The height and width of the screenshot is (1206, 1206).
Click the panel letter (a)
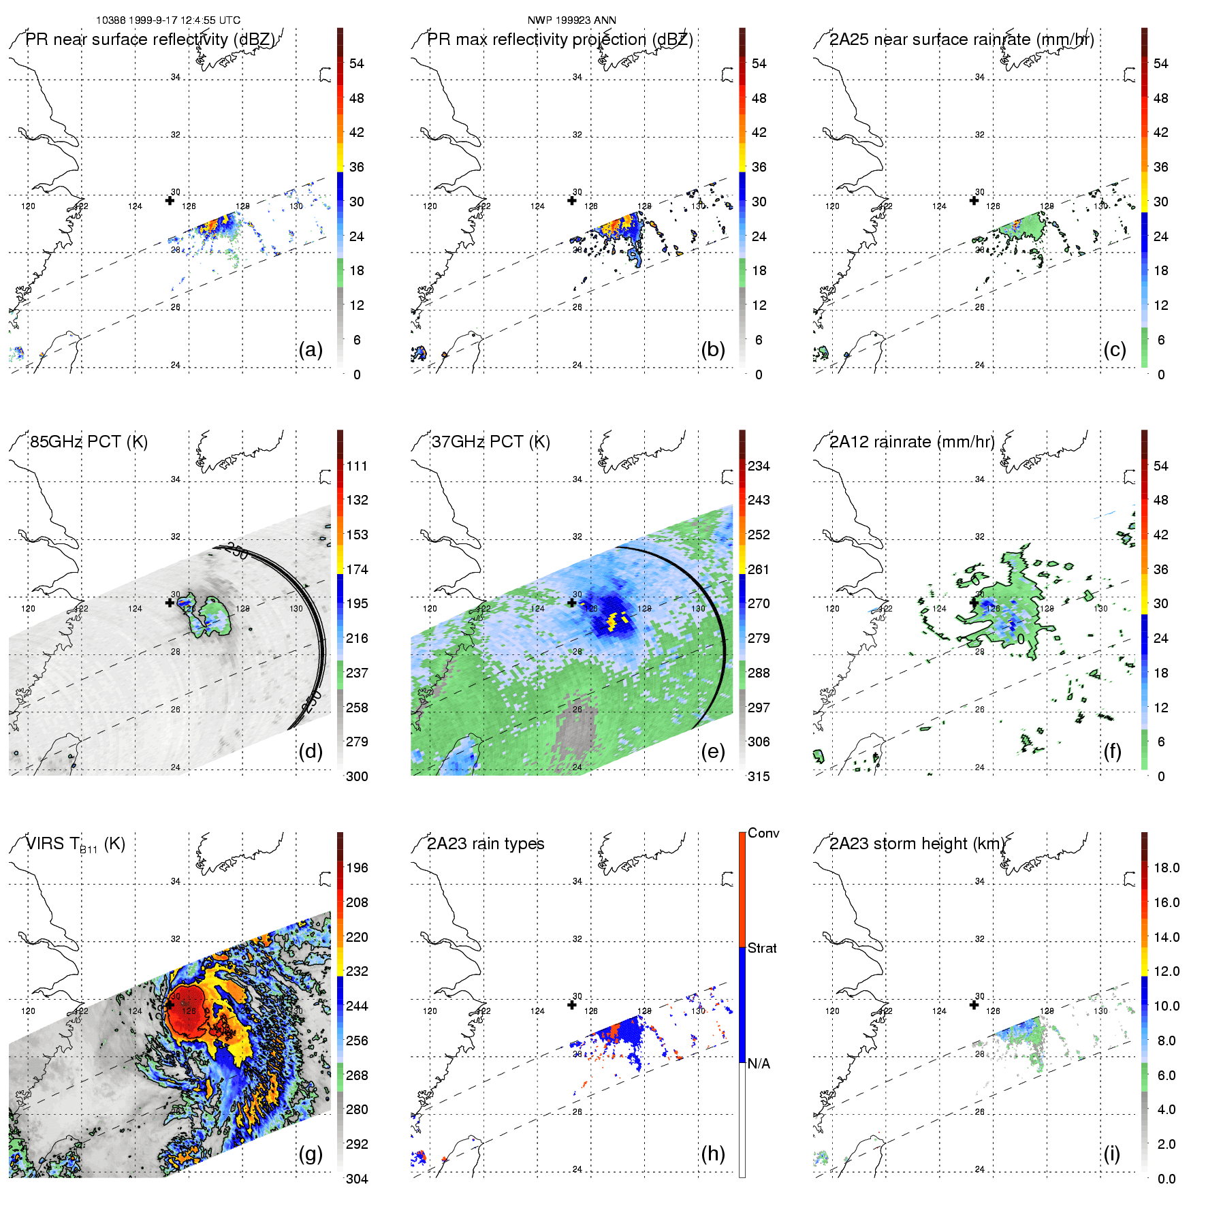point(311,350)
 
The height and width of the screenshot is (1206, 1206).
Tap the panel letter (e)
point(712,752)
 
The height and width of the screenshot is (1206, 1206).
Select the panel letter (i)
point(1111,1154)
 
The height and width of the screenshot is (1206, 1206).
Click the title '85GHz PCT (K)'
point(89,442)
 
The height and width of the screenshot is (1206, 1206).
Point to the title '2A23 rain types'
point(486,844)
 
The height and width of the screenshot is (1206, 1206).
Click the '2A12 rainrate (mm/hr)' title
point(912,442)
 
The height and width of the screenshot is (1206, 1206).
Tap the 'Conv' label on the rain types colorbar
point(763,834)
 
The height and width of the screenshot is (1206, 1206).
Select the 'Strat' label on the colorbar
point(762,948)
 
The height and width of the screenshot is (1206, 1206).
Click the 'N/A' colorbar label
point(759,1064)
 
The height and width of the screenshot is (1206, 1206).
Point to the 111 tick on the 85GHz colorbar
point(357,466)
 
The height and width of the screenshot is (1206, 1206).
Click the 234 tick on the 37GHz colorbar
point(759,466)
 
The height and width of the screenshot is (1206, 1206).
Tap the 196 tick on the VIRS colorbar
point(357,868)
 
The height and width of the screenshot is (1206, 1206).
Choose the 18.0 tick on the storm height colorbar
point(1167,868)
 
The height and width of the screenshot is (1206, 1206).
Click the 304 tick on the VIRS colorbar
point(357,1179)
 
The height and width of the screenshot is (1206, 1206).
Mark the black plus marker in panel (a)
point(170,200)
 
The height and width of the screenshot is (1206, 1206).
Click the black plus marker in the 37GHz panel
point(572,603)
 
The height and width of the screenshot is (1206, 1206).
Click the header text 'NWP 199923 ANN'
point(572,20)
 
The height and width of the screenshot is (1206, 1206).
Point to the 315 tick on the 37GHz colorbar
point(759,776)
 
